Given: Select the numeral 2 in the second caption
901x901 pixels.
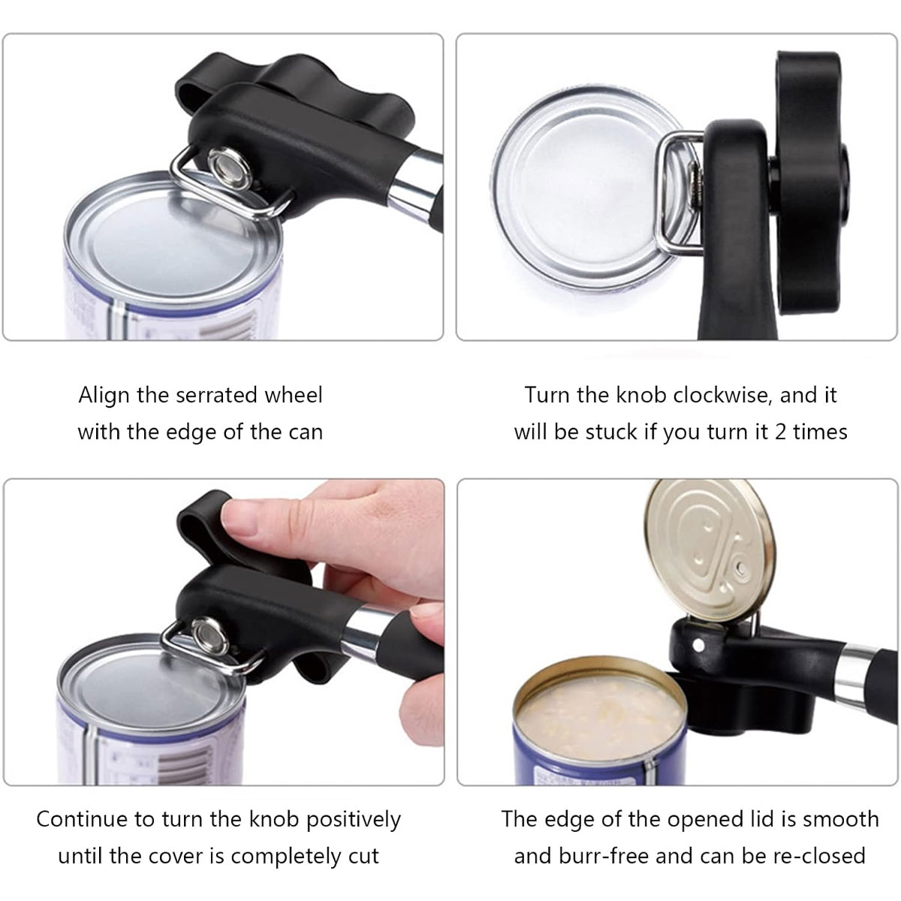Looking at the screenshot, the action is (780, 432).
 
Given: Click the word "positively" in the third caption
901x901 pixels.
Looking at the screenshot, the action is (354, 820).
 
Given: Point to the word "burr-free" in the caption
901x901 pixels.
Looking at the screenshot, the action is (605, 856).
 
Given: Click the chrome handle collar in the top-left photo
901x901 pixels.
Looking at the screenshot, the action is (416, 180).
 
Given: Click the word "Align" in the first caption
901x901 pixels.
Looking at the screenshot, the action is (104, 396).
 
